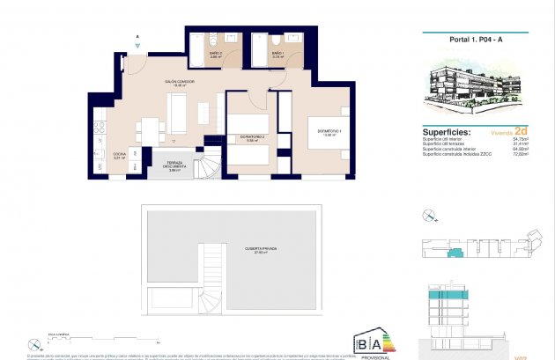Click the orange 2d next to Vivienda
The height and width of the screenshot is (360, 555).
(x=522, y=133)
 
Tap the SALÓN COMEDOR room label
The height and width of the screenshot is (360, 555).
(x=179, y=82)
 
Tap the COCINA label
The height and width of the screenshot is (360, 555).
(x=119, y=155)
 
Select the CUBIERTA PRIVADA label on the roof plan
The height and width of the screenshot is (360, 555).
(x=261, y=250)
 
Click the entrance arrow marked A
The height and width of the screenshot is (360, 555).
(x=138, y=41)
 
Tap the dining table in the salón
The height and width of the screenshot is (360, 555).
(x=150, y=129)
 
